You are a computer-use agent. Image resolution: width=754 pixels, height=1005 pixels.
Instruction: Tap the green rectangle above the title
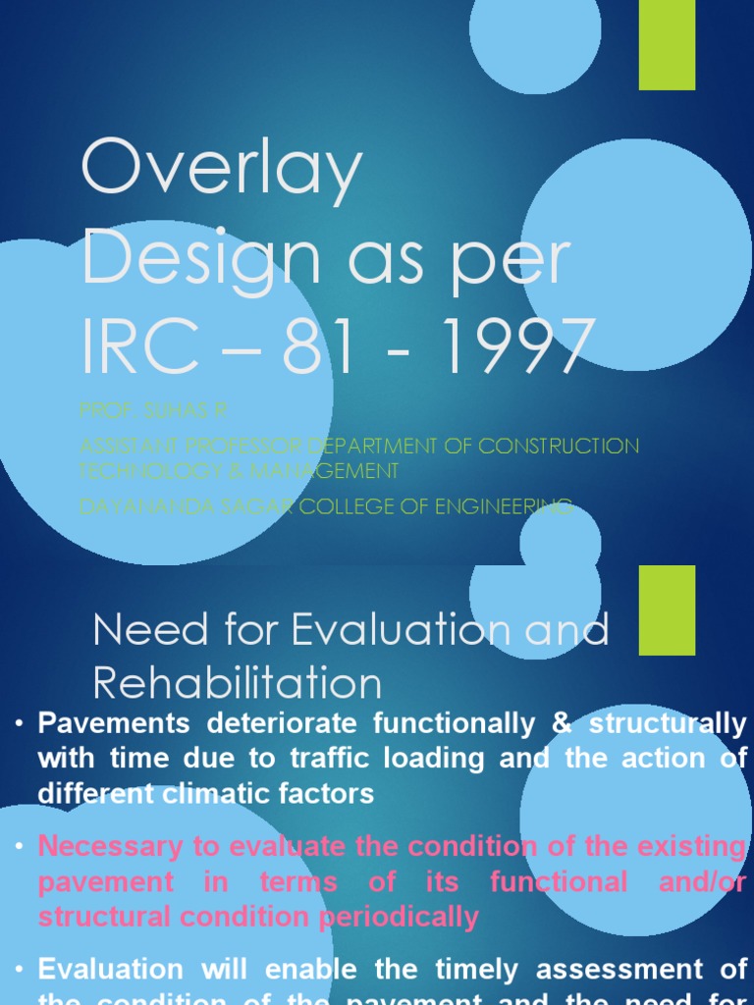(x=667, y=44)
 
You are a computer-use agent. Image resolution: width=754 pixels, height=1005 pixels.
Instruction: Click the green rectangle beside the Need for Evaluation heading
(x=667, y=609)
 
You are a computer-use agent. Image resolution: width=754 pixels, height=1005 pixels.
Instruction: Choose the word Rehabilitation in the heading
(x=238, y=683)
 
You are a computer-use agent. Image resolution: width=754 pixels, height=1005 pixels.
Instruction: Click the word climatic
(x=228, y=793)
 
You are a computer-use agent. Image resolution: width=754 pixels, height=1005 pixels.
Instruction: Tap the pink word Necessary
(x=109, y=846)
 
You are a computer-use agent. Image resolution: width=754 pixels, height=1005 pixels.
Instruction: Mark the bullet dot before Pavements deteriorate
(x=19, y=724)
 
